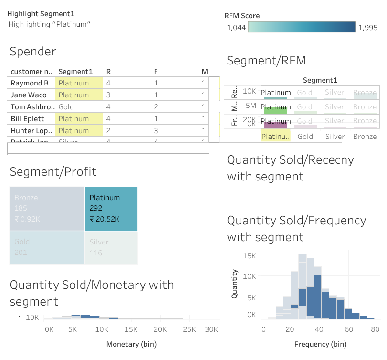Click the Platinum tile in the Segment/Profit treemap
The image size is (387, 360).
coord(111,209)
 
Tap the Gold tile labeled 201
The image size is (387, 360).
coord(47,247)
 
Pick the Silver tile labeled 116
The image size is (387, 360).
coord(111,247)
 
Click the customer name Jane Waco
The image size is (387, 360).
coord(29,95)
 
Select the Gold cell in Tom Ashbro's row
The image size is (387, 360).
coord(66,107)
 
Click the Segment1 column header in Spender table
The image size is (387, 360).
coord(75,72)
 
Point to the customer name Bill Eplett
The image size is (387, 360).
coord(27,119)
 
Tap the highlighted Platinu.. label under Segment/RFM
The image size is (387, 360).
coord(275,137)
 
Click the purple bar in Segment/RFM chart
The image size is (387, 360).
coord(275,125)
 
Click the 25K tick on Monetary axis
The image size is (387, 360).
coord(189,329)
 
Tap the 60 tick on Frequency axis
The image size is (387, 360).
coord(348,329)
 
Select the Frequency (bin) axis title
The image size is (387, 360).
coord(320,344)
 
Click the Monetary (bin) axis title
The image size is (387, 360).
coord(131,344)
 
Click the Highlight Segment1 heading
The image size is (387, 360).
coord(41,14)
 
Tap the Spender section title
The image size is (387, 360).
coord(33,52)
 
